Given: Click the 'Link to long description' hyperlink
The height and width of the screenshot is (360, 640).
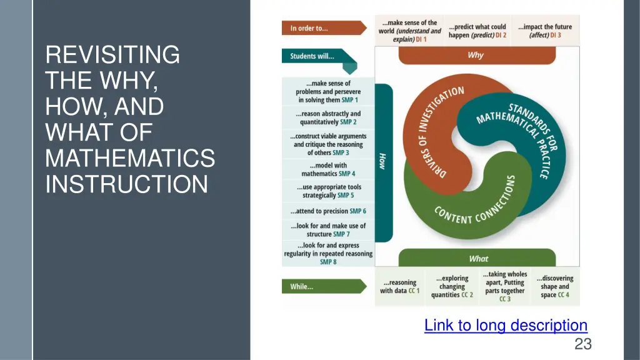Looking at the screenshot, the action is (x=506, y=325).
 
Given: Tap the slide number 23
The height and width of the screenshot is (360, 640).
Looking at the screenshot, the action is (x=582, y=343).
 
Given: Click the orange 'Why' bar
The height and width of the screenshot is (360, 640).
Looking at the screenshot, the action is (x=476, y=55).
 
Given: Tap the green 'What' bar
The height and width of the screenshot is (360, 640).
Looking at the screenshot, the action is (x=477, y=258).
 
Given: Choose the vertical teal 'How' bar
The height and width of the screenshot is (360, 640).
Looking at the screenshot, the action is (x=383, y=162).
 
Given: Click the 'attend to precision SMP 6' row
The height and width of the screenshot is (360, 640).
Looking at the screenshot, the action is (x=328, y=211).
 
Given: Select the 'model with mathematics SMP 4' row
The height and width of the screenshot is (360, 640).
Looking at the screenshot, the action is (x=328, y=169).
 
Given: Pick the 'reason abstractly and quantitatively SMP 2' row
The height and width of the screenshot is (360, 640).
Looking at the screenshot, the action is (x=328, y=117).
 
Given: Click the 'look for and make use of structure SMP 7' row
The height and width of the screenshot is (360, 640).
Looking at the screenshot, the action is (x=328, y=229).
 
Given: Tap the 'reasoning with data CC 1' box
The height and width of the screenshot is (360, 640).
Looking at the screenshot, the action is (x=400, y=287).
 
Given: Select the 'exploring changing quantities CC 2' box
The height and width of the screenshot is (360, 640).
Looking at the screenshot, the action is (x=452, y=287).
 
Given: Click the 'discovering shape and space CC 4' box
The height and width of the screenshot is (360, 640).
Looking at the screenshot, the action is (x=554, y=287).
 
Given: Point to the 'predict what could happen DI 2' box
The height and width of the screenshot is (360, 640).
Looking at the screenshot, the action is (x=477, y=31).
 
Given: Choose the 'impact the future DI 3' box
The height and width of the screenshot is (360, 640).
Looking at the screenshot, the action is (x=544, y=31).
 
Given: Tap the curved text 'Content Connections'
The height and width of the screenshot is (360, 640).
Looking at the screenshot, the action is (x=475, y=209).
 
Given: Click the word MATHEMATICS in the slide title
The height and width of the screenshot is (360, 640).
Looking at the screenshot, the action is (x=130, y=159).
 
